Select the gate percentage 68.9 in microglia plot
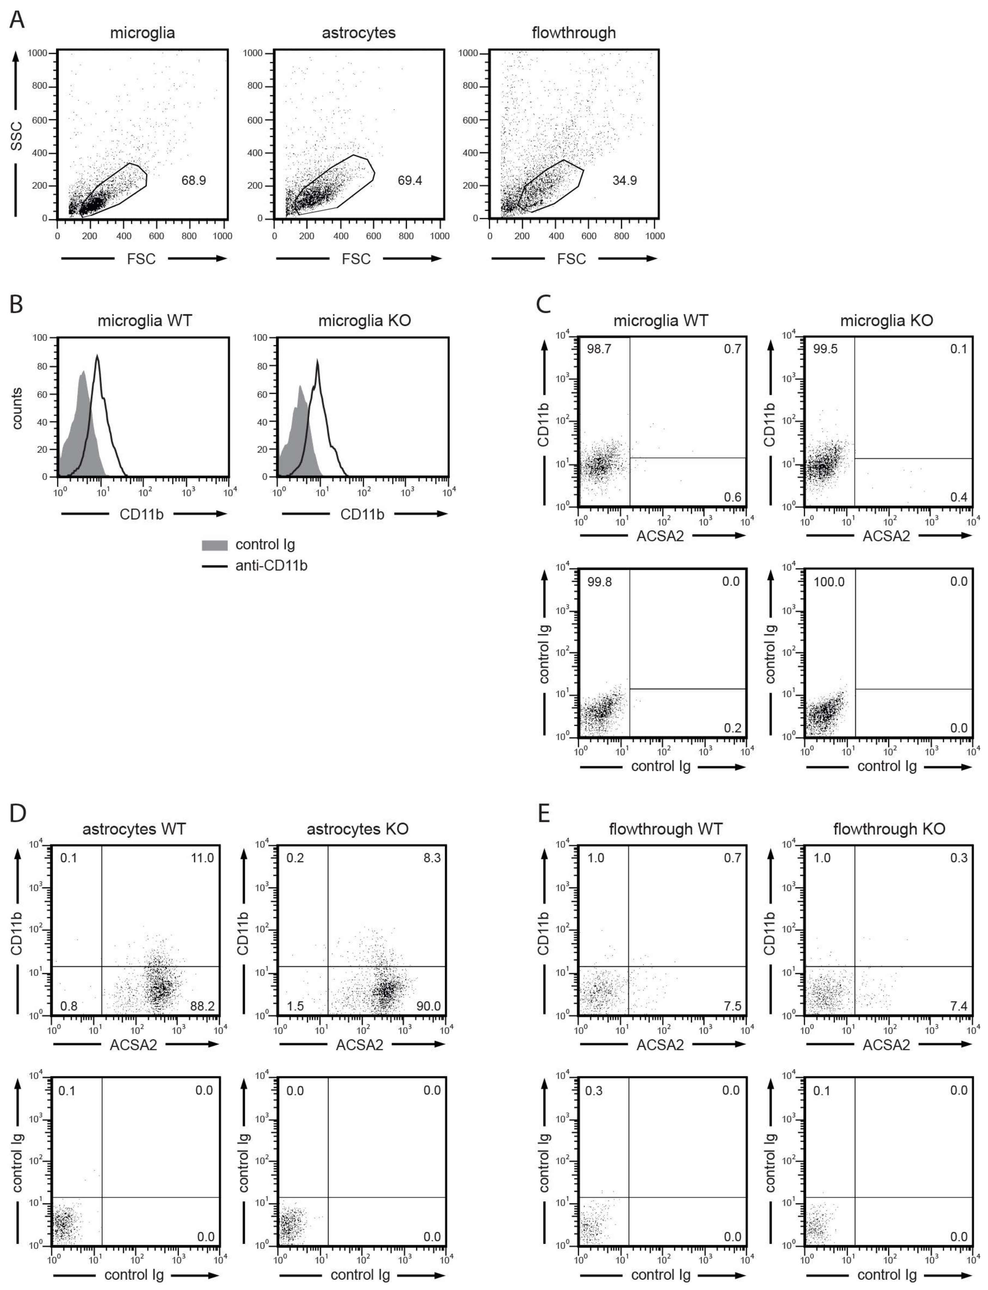(193, 180)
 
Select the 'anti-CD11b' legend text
(271, 566)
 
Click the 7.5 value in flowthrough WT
(732, 1006)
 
